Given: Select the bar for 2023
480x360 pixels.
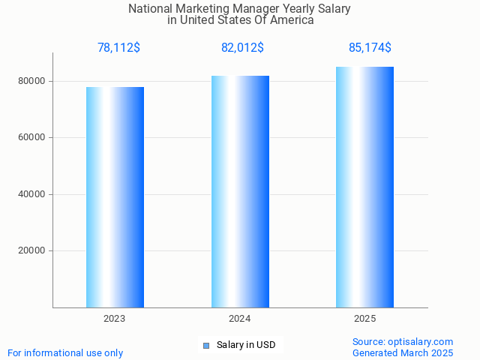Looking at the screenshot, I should click(x=115, y=197).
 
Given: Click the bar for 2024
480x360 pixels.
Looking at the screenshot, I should click(x=240, y=191).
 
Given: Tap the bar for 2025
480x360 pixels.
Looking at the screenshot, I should click(x=364, y=187).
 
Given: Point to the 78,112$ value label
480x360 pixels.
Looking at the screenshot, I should click(x=118, y=48).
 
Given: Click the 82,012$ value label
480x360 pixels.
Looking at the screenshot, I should click(x=242, y=48).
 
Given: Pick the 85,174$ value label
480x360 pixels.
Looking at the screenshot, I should click(x=370, y=48).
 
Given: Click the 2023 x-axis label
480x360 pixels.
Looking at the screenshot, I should click(x=115, y=319).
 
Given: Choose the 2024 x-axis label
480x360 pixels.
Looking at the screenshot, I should click(x=240, y=319).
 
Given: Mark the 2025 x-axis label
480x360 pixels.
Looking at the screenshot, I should click(x=364, y=319).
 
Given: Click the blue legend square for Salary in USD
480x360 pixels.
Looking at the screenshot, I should click(x=206, y=346).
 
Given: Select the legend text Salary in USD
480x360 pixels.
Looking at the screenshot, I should click(x=246, y=345).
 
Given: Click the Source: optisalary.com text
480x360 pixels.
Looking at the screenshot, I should click(x=403, y=341).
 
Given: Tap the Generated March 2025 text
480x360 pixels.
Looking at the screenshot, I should click(x=403, y=352).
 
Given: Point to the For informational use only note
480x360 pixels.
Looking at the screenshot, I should click(x=65, y=352).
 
